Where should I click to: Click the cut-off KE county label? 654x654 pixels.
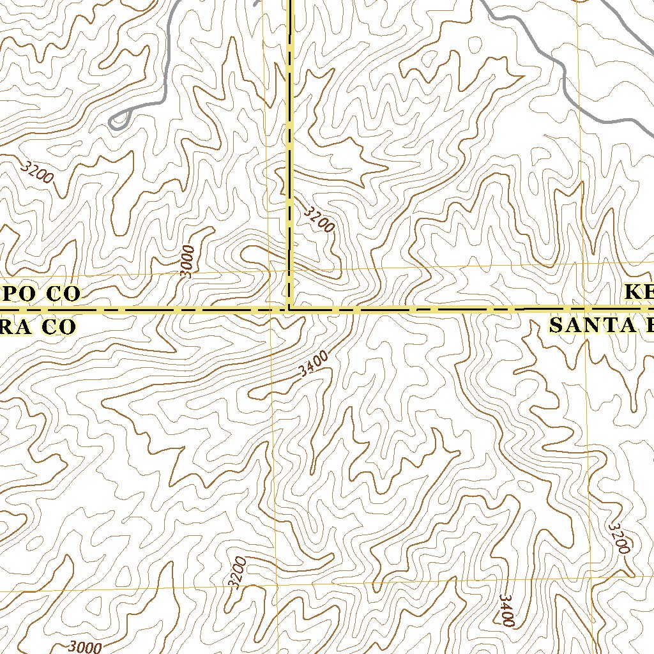(639, 293)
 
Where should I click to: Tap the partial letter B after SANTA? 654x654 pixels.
(648, 326)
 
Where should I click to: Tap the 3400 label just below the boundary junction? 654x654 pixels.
(314, 363)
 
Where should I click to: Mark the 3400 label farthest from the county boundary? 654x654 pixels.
(506, 611)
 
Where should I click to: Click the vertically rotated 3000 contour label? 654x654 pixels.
(186, 261)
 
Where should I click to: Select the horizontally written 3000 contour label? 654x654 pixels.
(84, 647)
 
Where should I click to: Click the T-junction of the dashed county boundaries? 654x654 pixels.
(290, 310)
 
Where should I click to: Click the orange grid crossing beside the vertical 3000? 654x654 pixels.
(268, 271)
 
